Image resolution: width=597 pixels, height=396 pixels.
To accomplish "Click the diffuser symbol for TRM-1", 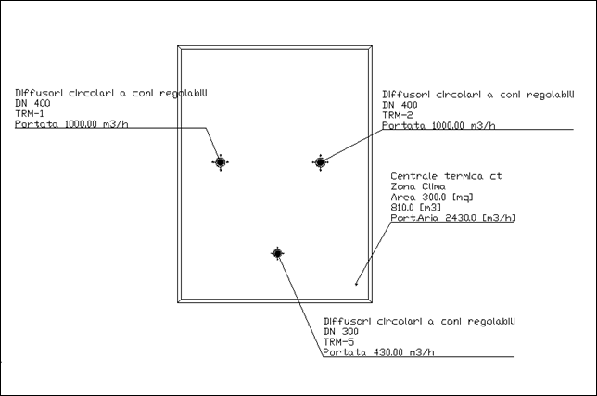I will tap(220, 162).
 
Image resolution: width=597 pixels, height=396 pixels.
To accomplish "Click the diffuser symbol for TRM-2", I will tap(320, 162).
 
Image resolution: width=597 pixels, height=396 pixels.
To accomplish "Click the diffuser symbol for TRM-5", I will tap(276, 252).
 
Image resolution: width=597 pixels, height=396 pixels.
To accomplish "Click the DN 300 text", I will tap(340, 331).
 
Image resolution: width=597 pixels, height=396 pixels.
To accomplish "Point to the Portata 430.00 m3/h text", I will tap(378, 352).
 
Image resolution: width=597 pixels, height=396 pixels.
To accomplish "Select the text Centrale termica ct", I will tap(445, 176).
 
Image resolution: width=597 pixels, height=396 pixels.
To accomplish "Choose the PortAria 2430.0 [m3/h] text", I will tap(452, 219).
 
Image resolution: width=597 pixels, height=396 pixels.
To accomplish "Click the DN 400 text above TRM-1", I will tap(32, 104).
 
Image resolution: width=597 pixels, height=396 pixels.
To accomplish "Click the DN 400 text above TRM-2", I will tap(400, 105).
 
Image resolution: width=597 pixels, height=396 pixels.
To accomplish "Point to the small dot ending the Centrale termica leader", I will tap(356, 283).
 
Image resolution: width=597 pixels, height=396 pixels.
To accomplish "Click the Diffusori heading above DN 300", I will tap(418, 320).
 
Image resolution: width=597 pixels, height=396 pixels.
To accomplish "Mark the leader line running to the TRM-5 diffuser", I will tap(298, 303).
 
